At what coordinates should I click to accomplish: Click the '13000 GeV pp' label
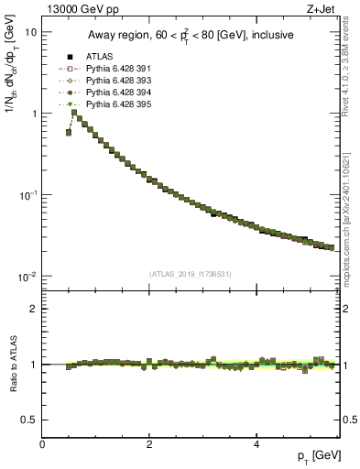coord(74,9)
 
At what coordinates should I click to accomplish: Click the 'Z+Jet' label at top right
coord(321,9)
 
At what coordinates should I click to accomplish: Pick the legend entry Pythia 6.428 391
coord(117,69)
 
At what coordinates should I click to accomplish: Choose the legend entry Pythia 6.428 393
coord(117,81)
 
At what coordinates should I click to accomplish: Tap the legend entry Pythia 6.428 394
coord(117,93)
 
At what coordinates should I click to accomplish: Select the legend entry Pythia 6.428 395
coord(117,104)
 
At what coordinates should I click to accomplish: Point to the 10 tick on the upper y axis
coord(30,32)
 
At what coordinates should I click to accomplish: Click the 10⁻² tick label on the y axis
coord(27,278)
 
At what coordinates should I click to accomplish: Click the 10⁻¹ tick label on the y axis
coord(27,196)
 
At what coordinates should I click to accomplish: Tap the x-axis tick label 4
coord(256,445)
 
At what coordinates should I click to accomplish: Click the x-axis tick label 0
coord(43,445)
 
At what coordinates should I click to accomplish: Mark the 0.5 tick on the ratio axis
coord(30,420)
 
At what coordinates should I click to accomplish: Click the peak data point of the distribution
coord(74,113)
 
